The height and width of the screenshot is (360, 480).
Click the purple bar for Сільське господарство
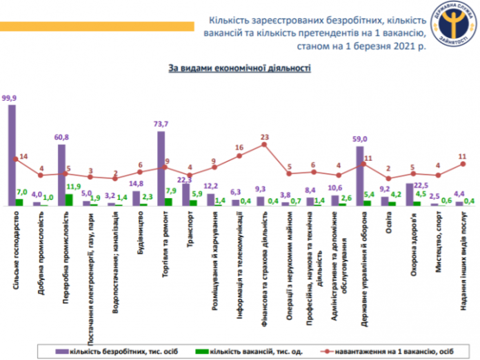12,155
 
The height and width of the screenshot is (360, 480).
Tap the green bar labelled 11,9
69,199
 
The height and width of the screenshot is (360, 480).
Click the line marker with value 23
264,145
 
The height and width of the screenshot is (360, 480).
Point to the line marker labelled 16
239,156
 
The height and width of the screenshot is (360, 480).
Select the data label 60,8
61,137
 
